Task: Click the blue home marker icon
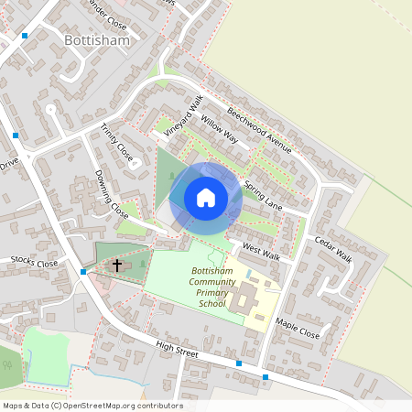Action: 206,198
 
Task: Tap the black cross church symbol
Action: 117,266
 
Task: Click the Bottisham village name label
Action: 98,41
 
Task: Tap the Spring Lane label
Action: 265,195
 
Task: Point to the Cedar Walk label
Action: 333,247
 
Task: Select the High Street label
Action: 177,351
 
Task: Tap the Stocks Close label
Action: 34,263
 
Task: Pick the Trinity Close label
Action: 117,144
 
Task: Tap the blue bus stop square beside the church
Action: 83,272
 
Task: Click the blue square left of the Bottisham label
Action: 25,35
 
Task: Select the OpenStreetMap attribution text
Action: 92,406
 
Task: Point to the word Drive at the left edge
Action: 9,165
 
